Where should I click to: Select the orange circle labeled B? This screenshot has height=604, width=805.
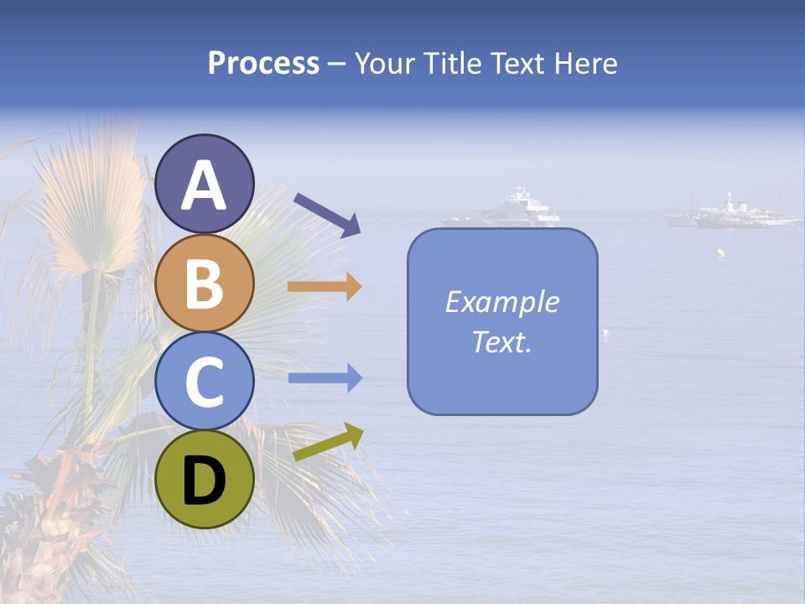point(205,284)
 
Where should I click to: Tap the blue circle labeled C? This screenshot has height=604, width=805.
point(205,380)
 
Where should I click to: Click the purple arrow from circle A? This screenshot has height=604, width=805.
point(327,213)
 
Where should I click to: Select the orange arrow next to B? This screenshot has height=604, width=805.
point(325,287)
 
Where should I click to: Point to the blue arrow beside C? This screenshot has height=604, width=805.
point(325,378)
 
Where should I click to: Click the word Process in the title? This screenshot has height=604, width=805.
point(263,63)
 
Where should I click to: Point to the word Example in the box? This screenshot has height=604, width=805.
point(502,302)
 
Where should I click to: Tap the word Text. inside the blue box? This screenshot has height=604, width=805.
point(502,342)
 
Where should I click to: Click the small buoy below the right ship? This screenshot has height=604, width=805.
point(719,253)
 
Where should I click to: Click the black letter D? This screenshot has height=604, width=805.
point(205,482)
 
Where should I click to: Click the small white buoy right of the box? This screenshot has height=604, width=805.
point(605,334)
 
